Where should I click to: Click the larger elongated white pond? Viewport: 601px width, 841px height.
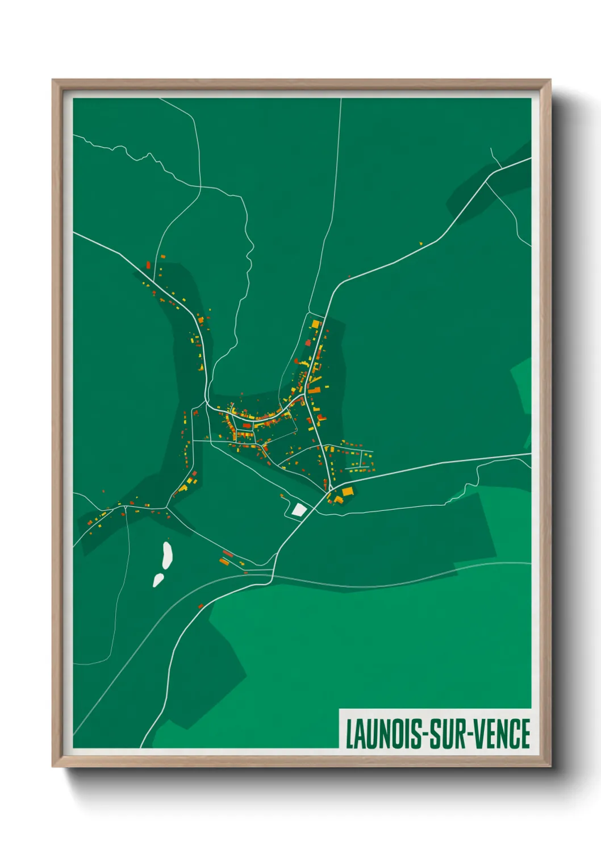pyautogui.click(x=167, y=555)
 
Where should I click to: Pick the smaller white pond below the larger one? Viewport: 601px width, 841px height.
pyautogui.click(x=158, y=580)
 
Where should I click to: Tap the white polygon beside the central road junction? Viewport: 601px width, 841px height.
pyautogui.click(x=298, y=509)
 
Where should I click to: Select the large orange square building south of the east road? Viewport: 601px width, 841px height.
pyautogui.click(x=348, y=492)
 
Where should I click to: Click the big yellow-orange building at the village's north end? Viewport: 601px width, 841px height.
pyautogui.click(x=315, y=324)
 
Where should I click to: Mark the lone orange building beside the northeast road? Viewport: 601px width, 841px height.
pyautogui.click(x=421, y=244)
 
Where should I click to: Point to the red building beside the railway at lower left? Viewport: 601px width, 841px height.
pyautogui.click(x=200, y=606)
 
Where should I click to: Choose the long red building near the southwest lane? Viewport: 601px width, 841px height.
pyautogui.click(x=228, y=553)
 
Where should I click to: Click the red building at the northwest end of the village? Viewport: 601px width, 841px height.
pyautogui.click(x=148, y=265)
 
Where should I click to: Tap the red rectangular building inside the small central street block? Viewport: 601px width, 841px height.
pyautogui.click(x=247, y=425)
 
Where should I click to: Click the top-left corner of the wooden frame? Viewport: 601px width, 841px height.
pyautogui.click(x=53, y=81)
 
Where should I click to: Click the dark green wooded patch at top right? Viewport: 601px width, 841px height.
pyautogui.click(x=489, y=182)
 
